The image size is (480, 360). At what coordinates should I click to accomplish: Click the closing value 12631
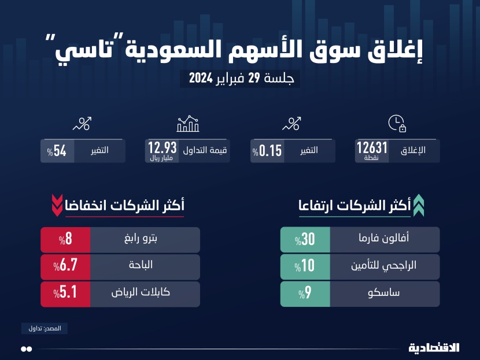coord(372,148)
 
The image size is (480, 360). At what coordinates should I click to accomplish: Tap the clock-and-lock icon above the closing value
coord(396,123)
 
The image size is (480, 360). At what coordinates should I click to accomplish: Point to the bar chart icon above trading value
coord(188,123)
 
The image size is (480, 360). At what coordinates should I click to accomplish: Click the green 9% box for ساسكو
coord(305,294)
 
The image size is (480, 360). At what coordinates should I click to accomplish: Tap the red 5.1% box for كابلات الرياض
coord(65,294)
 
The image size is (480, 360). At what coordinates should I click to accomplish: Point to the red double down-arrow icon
coord(57,205)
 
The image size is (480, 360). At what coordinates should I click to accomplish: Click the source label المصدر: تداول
coord(45,328)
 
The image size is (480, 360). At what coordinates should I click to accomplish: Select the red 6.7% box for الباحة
coord(65,266)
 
